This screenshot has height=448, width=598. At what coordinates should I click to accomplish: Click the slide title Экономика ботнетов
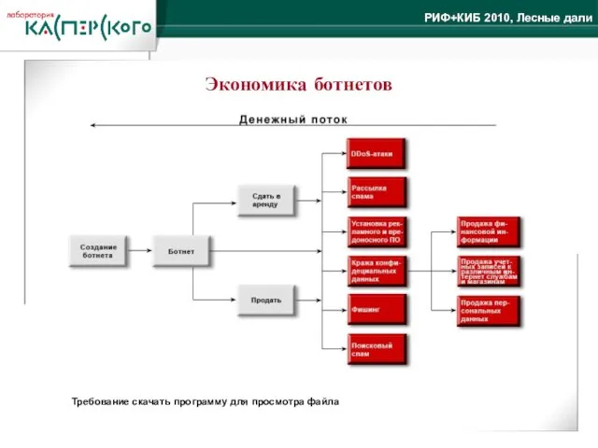(x=299, y=85)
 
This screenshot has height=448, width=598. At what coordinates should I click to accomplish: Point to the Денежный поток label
(x=292, y=119)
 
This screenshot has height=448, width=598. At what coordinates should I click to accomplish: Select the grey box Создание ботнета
(x=97, y=250)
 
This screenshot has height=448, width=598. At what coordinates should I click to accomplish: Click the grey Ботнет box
(x=181, y=250)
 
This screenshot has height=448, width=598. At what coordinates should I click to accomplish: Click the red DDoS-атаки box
(x=377, y=153)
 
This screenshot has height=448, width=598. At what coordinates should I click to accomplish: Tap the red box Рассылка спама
(x=377, y=191)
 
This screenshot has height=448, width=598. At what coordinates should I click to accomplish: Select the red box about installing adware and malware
(x=377, y=230)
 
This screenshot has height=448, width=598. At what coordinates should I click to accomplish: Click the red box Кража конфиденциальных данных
(x=377, y=270)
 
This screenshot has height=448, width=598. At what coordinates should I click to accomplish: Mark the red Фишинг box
(x=377, y=309)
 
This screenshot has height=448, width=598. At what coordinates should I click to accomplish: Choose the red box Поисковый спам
(x=377, y=349)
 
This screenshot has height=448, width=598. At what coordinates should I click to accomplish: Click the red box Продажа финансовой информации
(x=489, y=231)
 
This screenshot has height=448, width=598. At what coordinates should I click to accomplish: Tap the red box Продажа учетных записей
(x=489, y=271)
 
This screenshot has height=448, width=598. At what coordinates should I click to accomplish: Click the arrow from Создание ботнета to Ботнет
(x=139, y=250)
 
